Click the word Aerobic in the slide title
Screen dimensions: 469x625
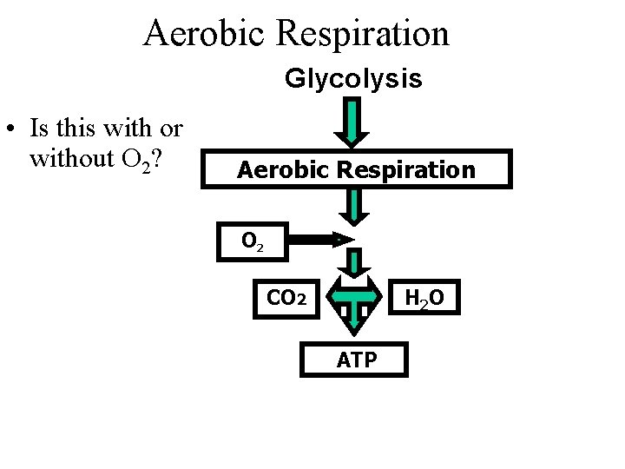point(201,34)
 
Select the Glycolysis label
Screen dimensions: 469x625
point(353,80)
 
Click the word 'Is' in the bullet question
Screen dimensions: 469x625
point(38,129)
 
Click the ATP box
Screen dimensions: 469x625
point(353,358)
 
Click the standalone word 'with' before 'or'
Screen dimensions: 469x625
point(127,129)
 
